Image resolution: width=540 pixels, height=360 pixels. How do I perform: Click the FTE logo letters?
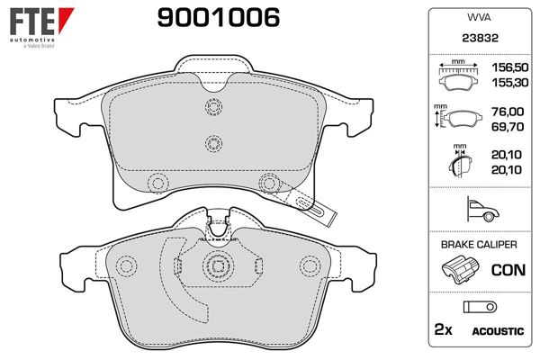pyautogui.click(x=32, y=22)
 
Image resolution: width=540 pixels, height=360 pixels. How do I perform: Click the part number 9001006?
pyautogui.click(x=219, y=18)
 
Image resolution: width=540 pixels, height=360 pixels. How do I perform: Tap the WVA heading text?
pyautogui.click(x=479, y=18)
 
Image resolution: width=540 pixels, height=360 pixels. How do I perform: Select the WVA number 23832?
pyautogui.click(x=480, y=38)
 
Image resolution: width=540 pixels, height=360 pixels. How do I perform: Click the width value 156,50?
pyautogui.click(x=509, y=67)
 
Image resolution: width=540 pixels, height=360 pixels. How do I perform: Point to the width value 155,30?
pyautogui.click(x=509, y=83)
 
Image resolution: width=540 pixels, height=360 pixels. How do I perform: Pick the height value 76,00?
pyautogui.click(x=508, y=112)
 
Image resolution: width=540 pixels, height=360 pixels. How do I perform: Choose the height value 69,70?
pyautogui.click(x=508, y=127)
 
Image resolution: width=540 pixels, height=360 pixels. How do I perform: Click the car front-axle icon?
pyautogui.click(x=482, y=209)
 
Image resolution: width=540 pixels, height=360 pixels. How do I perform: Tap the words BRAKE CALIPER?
pyautogui.click(x=479, y=245)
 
